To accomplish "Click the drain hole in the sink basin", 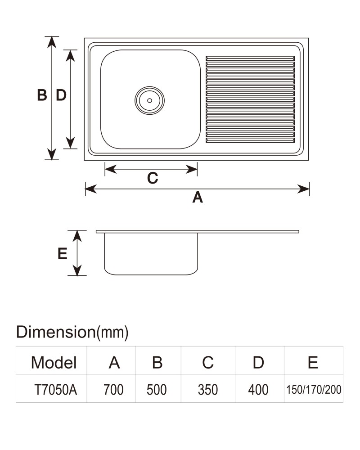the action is [x=149, y=100].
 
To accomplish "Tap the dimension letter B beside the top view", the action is [x=42, y=95].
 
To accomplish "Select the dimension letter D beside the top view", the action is [x=61, y=95].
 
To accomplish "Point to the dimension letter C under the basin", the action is [x=153, y=178].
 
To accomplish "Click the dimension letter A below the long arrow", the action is [x=198, y=198].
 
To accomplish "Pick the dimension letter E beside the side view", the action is [x=62, y=254].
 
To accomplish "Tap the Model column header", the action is [x=54, y=362].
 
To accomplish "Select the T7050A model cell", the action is [x=56, y=390].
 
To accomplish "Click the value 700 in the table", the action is [x=113, y=390].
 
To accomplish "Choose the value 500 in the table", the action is [x=157, y=390].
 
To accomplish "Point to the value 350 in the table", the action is [x=208, y=390].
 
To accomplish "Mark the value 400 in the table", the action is [x=258, y=390].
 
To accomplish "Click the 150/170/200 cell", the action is [x=314, y=390].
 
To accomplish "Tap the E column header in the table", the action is [x=313, y=362].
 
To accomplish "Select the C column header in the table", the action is [x=208, y=362].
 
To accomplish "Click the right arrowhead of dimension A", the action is [x=304, y=189].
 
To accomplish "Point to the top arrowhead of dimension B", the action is [x=52, y=42].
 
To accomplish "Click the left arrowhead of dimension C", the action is [x=111, y=169].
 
